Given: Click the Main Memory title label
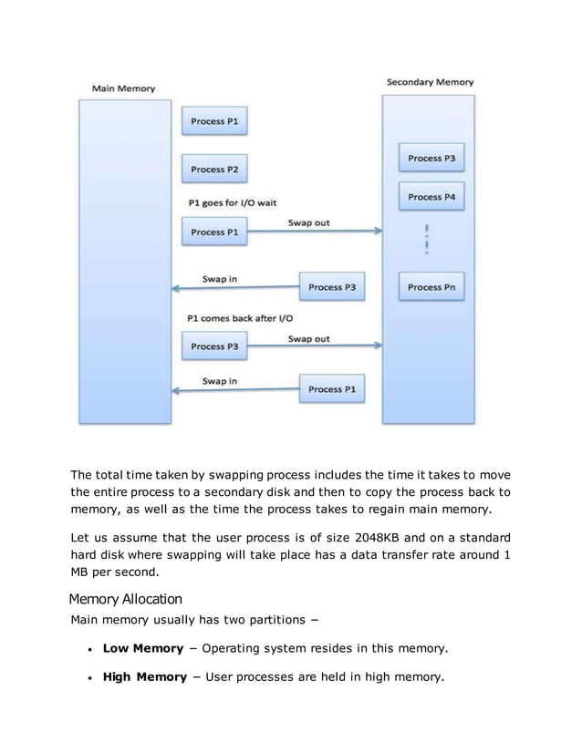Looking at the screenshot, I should [x=123, y=88].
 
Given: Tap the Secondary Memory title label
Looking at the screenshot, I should [x=430, y=82].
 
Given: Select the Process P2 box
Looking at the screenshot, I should [x=215, y=169].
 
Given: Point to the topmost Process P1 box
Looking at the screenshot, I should [x=215, y=120].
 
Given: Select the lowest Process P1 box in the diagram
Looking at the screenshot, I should [x=332, y=390].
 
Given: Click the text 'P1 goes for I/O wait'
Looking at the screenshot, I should [x=232, y=202].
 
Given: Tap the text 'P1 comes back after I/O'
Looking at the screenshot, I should [x=237, y=318].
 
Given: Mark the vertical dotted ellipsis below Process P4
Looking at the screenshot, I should [x=427, y=239].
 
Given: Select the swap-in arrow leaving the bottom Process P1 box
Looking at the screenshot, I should [x=235, y=391].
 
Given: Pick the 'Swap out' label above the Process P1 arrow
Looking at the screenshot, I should [x=309, y=223].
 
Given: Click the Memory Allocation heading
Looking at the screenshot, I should [x=126, y=599].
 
